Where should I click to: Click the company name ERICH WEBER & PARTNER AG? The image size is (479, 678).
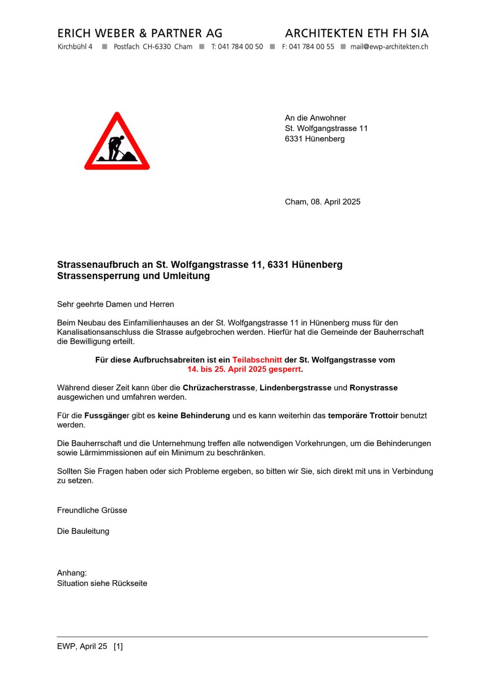point(140,33)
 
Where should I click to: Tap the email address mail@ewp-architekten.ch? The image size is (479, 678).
point(389,47)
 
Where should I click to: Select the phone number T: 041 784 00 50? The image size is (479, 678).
point(237,47)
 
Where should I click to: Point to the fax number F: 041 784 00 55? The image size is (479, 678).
point(308,47)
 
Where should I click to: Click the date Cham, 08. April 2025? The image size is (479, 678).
point(322,202)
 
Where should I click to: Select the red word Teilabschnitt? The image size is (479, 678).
point(257,360)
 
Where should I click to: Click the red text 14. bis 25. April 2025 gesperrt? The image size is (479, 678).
point(244,369)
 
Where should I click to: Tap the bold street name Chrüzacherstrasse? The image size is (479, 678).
point(219,388)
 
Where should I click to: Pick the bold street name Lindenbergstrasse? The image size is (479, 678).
point(295,388)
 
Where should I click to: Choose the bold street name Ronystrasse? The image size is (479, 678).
point(374,388)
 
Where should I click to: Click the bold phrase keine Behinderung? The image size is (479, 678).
point(194,416)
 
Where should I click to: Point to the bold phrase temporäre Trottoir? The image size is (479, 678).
point(363,416)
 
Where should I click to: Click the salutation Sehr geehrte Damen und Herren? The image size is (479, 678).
point(116,305)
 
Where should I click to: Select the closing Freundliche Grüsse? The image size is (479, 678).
point(92,511)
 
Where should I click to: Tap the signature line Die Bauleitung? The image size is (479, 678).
point(83,531)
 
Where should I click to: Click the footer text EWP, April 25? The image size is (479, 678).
point(82,646)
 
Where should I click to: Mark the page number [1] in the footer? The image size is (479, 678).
point(118,646)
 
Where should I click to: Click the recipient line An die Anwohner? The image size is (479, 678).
point(315,118)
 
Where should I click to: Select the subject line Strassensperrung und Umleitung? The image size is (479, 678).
point(134,276)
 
